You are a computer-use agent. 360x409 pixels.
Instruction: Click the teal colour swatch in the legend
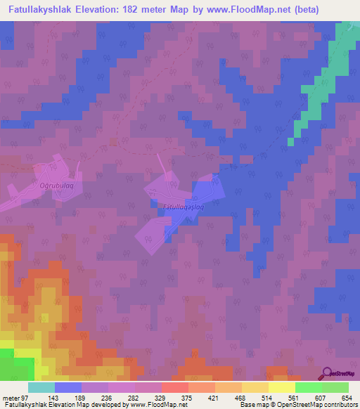(x=41, y=387)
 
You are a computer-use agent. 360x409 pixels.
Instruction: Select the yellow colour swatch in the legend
(x=282, y=387)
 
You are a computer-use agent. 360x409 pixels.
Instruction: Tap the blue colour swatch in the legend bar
(x=68, y=387)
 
